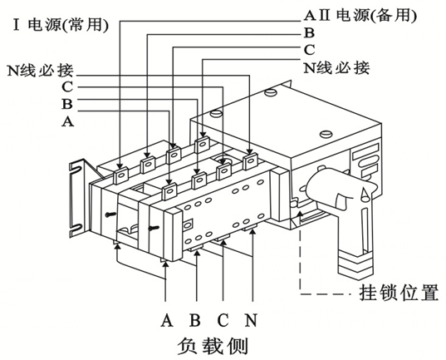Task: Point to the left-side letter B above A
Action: coord(66,103)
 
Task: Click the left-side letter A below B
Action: coord(66,121)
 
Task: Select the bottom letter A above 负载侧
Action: coord(167,318)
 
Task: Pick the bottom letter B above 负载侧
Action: coord(195,318)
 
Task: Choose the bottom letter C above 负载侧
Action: coord(223,318)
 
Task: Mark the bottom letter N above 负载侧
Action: coord(251,318)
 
